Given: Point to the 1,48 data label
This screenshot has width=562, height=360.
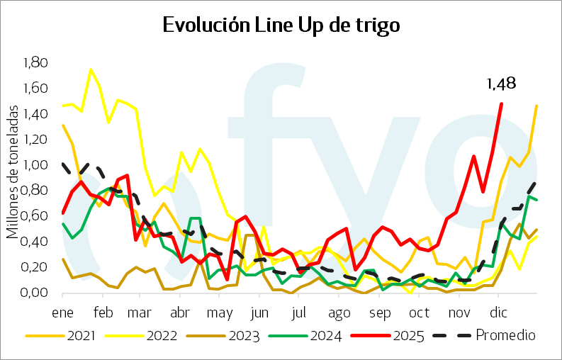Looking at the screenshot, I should pyautogui.click(x=500, y=84).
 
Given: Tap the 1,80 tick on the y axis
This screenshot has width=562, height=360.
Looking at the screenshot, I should pyautogui.click(x=35, y=63).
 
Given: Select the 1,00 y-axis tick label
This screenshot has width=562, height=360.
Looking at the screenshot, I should pyautogui.click(x=35, y=165).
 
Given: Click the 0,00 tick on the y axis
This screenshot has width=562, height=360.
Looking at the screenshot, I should pyautogui.click(x=35, y=293).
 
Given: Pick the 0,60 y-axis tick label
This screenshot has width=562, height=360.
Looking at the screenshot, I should pyautogui.click(x=35, y=216).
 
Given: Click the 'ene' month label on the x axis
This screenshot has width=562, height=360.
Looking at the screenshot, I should pyautogui.click(x=63, y=313).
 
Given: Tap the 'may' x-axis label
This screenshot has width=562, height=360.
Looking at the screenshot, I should pyautogui.click(x=224, y=313).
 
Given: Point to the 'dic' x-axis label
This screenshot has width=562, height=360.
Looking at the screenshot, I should pyautogui.click(x=502, y=313).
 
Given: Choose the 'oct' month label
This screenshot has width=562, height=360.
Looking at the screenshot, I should pyautogui.click(x=420, y=313).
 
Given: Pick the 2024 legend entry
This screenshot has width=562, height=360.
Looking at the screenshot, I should pyautogui.click(x=326, y=335).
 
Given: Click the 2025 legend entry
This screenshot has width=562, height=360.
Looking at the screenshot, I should pyautogui.click(x=410, y=335).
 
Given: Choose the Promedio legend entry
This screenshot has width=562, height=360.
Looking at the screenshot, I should pyautogui.click(x=505, y=335).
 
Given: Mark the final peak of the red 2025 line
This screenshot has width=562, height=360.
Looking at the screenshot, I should pyautogui.click(x=502, y=104).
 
